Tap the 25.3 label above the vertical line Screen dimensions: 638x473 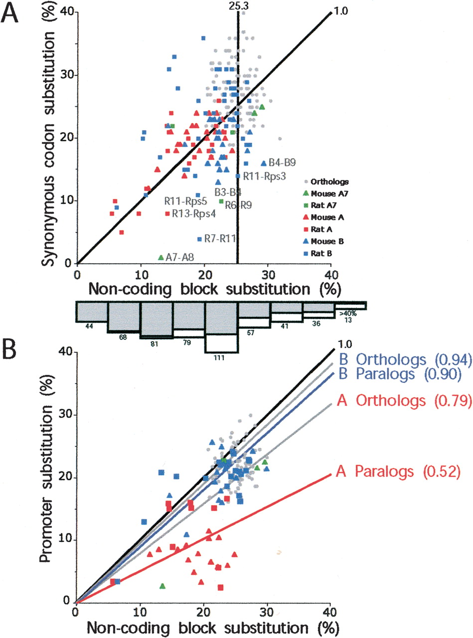(x=238, y=5)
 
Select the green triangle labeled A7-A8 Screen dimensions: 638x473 (x=160, y=257)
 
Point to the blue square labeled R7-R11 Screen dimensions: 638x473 (x=199, y=239)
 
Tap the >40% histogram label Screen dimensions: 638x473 (x=350, y=314)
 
